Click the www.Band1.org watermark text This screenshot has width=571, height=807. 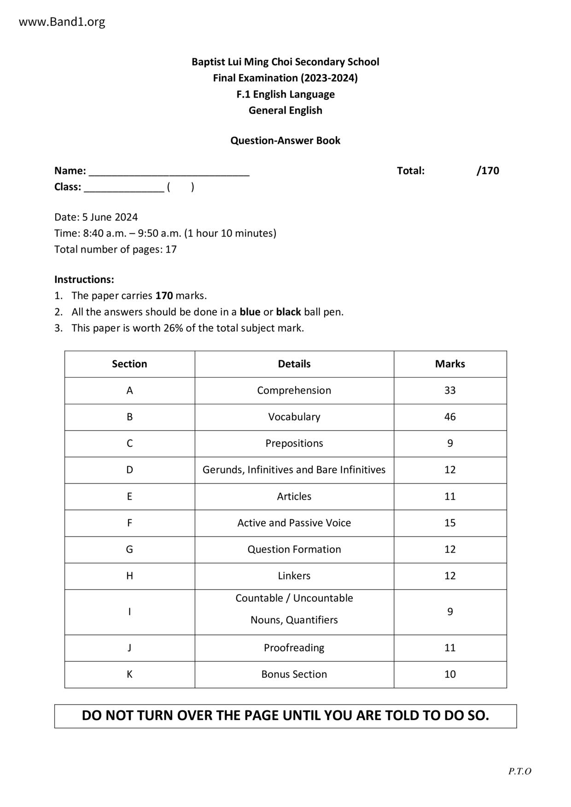(62, 22)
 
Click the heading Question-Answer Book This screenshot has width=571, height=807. (285, 141)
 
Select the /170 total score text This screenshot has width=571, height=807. (488, 171)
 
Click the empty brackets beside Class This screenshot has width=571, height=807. (181, 187)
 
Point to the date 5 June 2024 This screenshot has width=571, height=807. (110, 217)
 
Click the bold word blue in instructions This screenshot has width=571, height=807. (250, 312)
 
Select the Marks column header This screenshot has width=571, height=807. (450, 364)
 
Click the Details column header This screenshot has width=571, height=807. (294, 364)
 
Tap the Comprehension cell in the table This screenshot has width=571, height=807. (294, 391)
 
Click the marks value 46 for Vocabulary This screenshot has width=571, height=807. (450, 417)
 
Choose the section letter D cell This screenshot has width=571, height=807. (129, 470)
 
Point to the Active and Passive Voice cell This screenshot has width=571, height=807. (294, 523)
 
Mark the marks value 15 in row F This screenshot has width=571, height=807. (450, 523)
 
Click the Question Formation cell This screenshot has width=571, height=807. (294, 549)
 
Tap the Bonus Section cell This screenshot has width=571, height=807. (294, 674)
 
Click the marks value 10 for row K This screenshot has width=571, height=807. (450, 674)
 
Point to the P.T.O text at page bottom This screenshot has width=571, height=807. (519, 772)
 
